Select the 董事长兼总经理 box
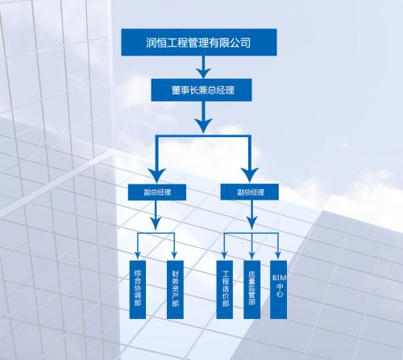point(201,89)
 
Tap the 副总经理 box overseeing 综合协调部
point(157,192)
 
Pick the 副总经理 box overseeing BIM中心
point(251,192)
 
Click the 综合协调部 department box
point(140,290)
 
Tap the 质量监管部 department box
point(255,290)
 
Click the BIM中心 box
point(279,290)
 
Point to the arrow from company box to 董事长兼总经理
point(201,68)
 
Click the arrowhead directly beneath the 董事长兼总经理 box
point(201,126)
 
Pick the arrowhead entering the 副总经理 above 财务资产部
point(157,175)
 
